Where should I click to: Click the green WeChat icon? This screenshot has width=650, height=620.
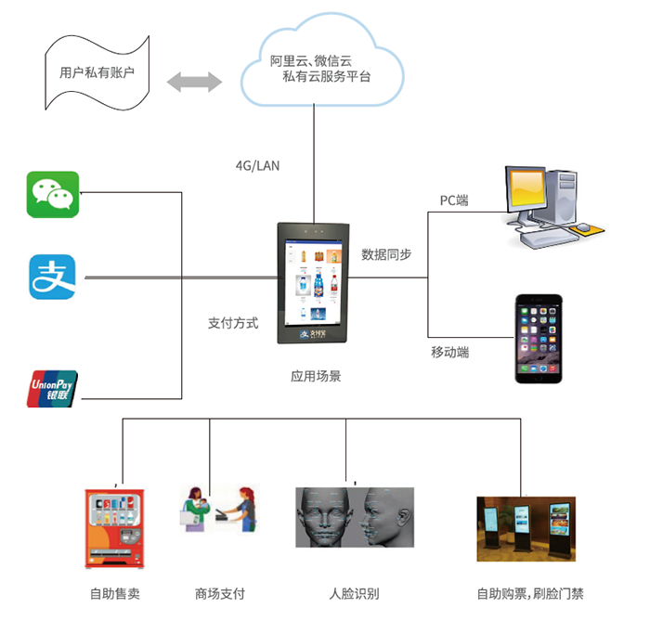pos(53,193)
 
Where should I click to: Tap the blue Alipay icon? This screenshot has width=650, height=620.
pos(53,277)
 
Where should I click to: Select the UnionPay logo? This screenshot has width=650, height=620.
pos(53,389)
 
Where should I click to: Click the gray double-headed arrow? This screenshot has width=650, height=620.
pos(194,82)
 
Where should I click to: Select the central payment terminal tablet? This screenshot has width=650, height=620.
pos(316,282)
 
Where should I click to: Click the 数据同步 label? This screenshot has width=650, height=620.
pos(386,254)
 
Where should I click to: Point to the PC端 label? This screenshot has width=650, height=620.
pos(454,200)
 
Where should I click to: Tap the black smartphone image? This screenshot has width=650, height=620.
pos(539,339)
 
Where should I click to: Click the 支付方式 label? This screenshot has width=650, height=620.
pos(232,324)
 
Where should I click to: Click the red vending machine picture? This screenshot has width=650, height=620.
pos(115,528)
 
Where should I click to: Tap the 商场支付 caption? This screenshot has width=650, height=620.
pos(220,594)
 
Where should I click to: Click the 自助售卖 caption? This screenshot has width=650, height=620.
pos(114,594)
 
